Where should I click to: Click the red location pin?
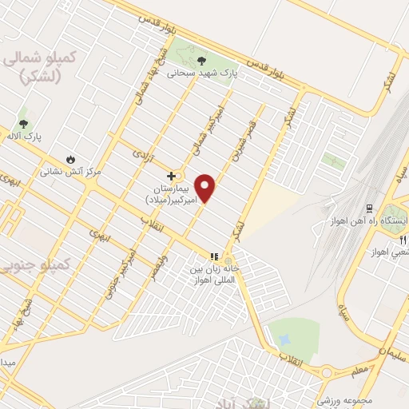click(x=205, y=187)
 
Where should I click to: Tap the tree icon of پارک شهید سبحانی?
click(x=201, y=61)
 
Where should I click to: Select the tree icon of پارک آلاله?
click(x=22, y=124)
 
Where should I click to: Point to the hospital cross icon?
click(x=170, y=175)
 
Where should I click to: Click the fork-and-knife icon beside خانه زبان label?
click(x=213, y=256)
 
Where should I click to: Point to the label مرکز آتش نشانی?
click(x=71, y=171)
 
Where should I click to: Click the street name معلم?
click(x=359, y=369)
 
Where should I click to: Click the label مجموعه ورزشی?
click(x=337, y=399)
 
